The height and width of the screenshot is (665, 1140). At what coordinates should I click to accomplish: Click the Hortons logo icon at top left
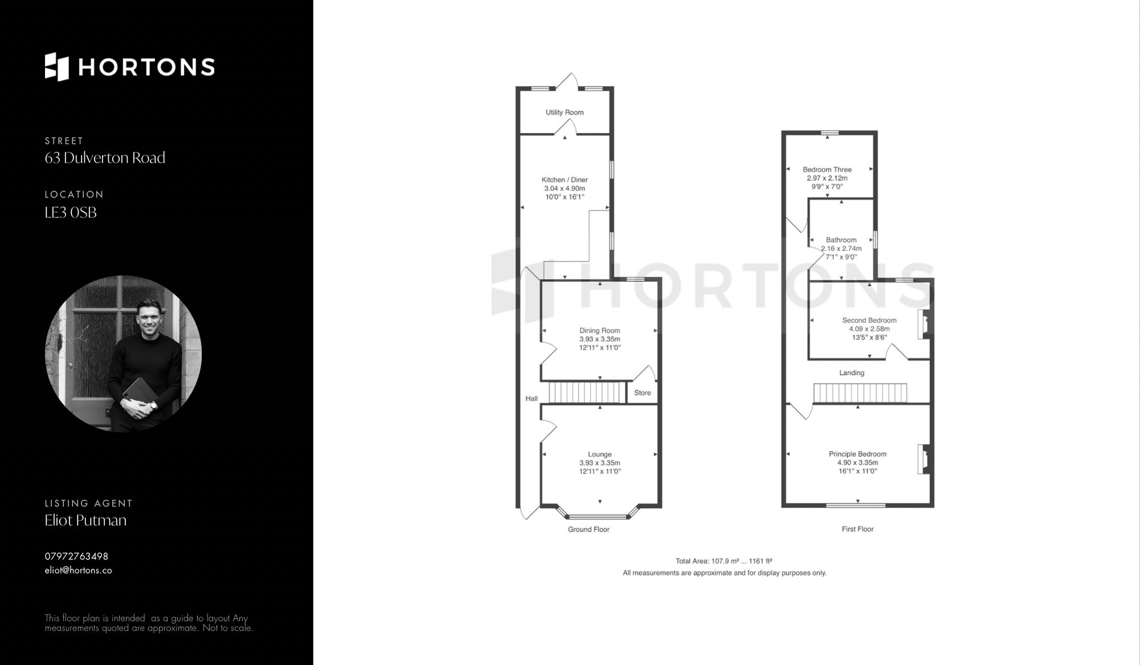pyautogui.click(x=57, y=67)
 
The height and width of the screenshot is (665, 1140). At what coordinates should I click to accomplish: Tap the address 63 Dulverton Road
pyautogui.click(x=105, y=158)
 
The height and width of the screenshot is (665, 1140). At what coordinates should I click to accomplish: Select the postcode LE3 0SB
pyautogui.click(x=71, y=213)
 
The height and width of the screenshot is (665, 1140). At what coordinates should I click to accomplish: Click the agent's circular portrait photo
pyautogui.click(x=123, y=354)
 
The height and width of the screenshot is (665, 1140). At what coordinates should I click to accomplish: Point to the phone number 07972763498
pyautogui.click(x=76, y=556)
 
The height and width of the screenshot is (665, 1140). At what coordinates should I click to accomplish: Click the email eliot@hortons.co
pyautogui.click(x=78, y=570)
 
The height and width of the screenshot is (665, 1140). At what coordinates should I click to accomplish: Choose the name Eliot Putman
pyautogui.click(x=85, y=520)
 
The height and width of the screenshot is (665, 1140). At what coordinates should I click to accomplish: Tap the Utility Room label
pyautogui.click(x=564, y=112)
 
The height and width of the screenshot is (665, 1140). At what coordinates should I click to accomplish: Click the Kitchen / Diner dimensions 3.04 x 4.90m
pyautogui.click(x=564, y=188)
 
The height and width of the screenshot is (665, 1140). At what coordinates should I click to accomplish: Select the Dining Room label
pyautogui.click(x=600, y=330)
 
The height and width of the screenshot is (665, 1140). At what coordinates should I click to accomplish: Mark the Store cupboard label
pyautogui.click(x=642, y=393)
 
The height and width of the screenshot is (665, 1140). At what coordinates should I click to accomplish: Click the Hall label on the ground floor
pyautogui.click(x=531, y=399)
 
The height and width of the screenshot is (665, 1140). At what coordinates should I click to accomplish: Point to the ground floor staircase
pyautogui.click(x=587, y=393)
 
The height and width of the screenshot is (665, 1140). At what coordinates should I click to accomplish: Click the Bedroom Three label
pyautogui.click(x=827, y=169)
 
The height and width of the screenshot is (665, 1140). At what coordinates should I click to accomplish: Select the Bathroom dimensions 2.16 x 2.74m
pyautogui.click(x=841, y=249)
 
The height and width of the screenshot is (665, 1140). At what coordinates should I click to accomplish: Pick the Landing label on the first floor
pyautogui.click(x=852, y=373)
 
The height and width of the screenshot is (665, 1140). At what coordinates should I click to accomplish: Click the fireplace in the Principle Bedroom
pyautogui.click(x=923, y=459)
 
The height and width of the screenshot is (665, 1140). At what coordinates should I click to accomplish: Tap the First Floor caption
pyautogui.click(x=857, y=529)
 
